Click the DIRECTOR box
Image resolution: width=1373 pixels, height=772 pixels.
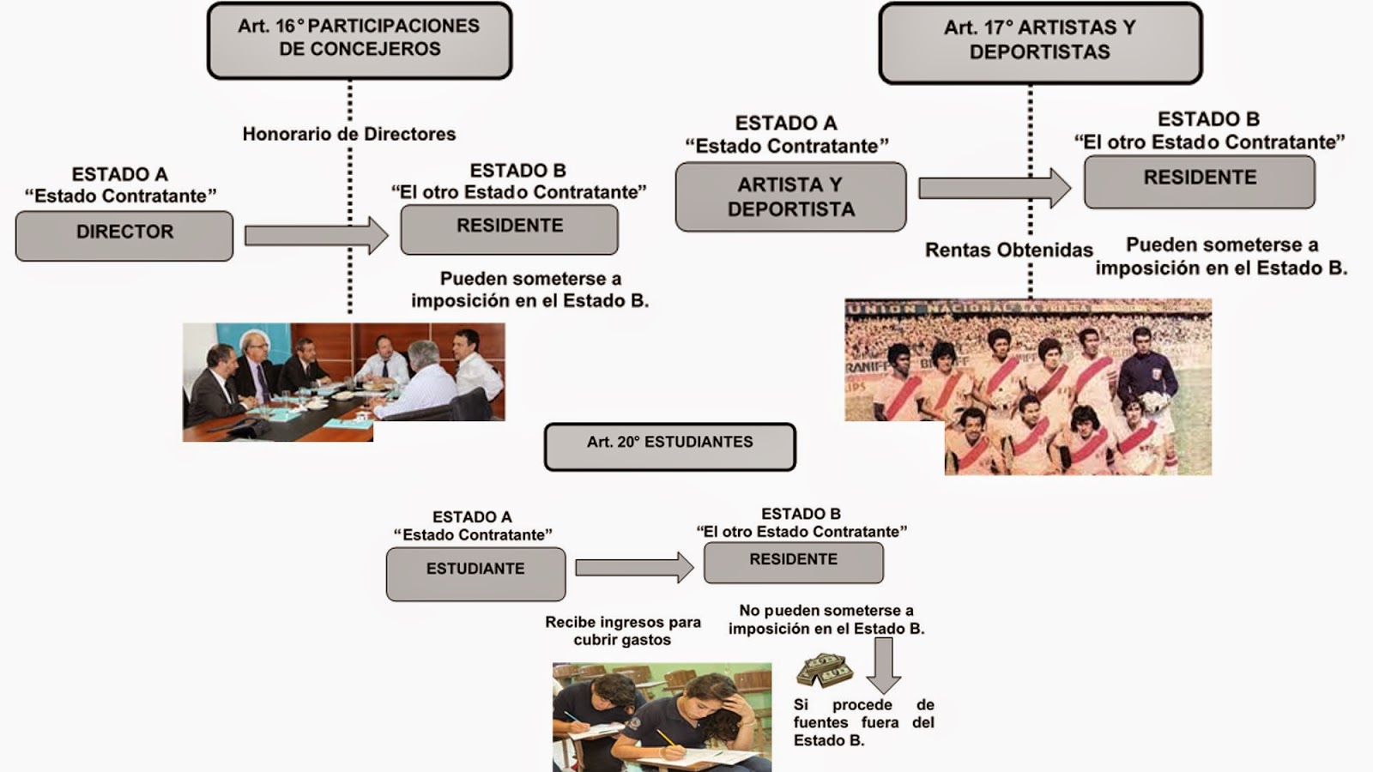point(124,235)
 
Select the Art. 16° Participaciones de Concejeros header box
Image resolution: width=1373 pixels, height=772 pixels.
point(360,40)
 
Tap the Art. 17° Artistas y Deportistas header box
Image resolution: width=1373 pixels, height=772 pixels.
point(1040,42)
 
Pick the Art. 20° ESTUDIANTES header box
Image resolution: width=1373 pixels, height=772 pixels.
point(670,446)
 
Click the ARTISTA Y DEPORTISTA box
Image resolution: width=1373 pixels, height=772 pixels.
point(790,196)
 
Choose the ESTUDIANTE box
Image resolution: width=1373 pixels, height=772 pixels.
point(475,573)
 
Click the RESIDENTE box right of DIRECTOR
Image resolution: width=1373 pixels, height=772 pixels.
point(510,229)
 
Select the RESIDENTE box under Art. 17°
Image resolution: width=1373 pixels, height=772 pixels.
point(1200,181)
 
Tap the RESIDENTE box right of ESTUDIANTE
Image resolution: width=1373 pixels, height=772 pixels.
point(794,562)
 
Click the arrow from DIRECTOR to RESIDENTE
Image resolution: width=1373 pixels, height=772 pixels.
point(316,235)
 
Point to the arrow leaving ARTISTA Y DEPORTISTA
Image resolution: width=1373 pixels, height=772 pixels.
point(994,188)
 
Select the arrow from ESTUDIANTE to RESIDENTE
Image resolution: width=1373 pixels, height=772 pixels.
point(633,567)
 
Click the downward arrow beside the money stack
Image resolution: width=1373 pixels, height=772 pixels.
point(883,666)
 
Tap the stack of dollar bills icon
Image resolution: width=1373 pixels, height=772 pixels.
point(824,670)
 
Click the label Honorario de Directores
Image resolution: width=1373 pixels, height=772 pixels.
point(348,134)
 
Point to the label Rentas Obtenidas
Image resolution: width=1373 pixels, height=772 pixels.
point(1008,250)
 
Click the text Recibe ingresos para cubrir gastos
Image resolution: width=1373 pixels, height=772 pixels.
point(623,630)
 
